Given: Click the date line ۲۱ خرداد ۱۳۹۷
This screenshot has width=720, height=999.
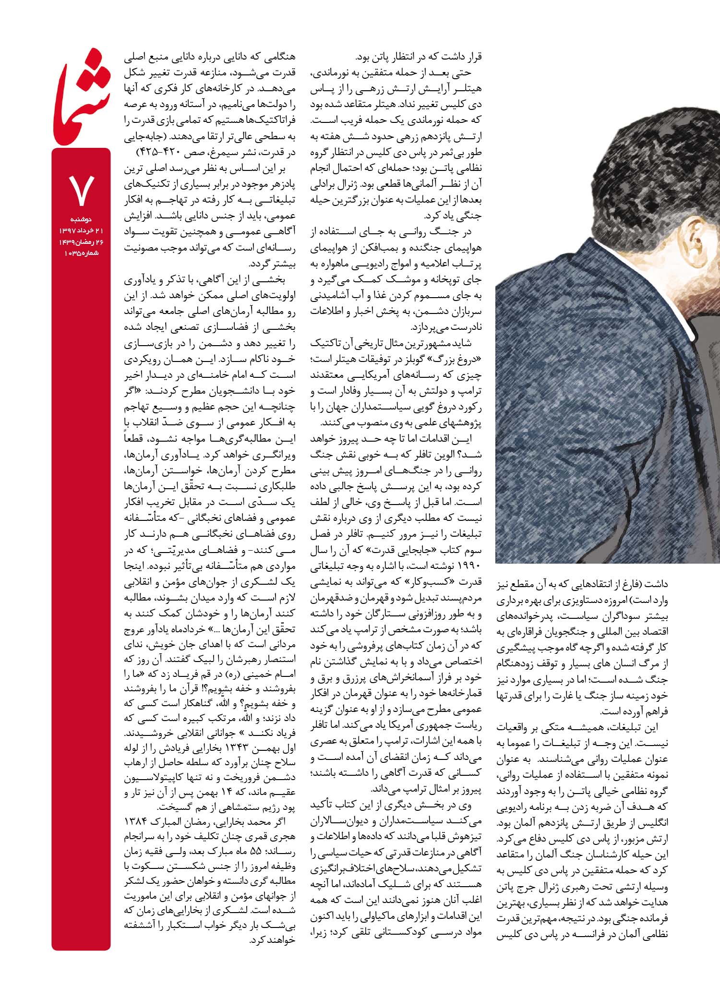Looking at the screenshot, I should pyautogui.click(x=81, y=231).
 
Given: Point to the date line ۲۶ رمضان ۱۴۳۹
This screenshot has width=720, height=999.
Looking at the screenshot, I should pyautogui.click(x=81, y=242).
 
